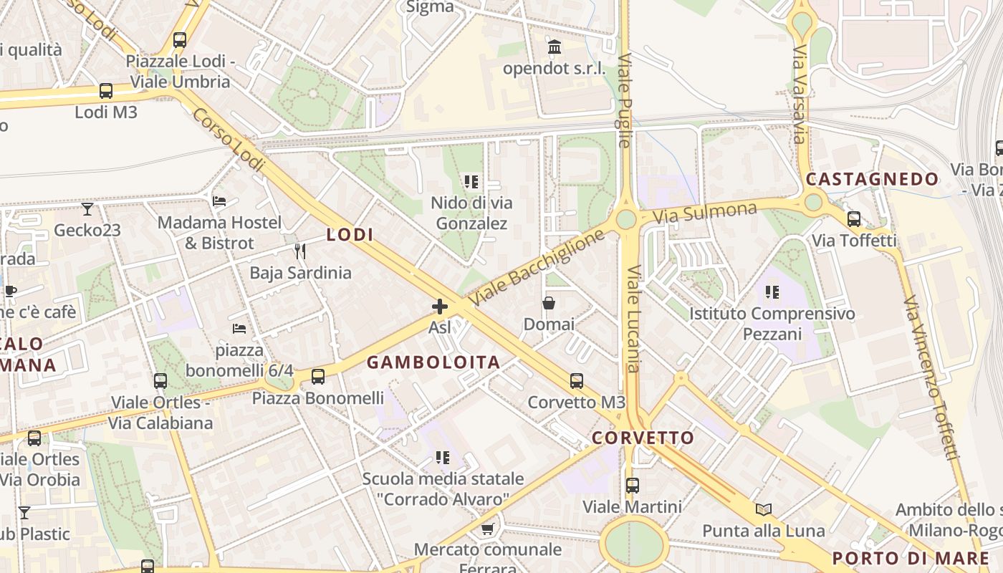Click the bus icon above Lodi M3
(106, 91)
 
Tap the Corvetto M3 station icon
(577, 381)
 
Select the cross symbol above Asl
(440, 307)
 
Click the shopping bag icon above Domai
(549, 303)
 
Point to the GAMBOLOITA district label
(433, 362)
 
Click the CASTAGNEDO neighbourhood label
(872, 179)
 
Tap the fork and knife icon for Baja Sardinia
(300, 251)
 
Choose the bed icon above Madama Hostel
(219, 201)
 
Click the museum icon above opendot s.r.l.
(555, 47)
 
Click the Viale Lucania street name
(633, 319)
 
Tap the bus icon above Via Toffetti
(854, 219)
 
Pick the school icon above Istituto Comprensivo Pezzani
(772, 292)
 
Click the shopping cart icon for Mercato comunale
(488, 529)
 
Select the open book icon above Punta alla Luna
(764, 509)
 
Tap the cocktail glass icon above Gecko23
(87, 209)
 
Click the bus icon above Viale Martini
(632, 486)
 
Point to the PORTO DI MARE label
(911, 558)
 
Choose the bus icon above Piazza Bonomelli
(318, 376)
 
